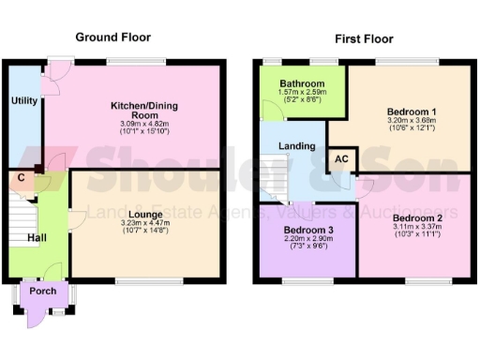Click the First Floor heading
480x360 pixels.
(365, 38)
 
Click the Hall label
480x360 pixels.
(37, 239)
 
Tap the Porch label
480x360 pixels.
(44, 290)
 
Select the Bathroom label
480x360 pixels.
(302, 83)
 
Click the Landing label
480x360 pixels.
(297, 146)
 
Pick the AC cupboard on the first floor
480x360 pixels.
(342, 160)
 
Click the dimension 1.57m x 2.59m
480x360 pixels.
(302, 92)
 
